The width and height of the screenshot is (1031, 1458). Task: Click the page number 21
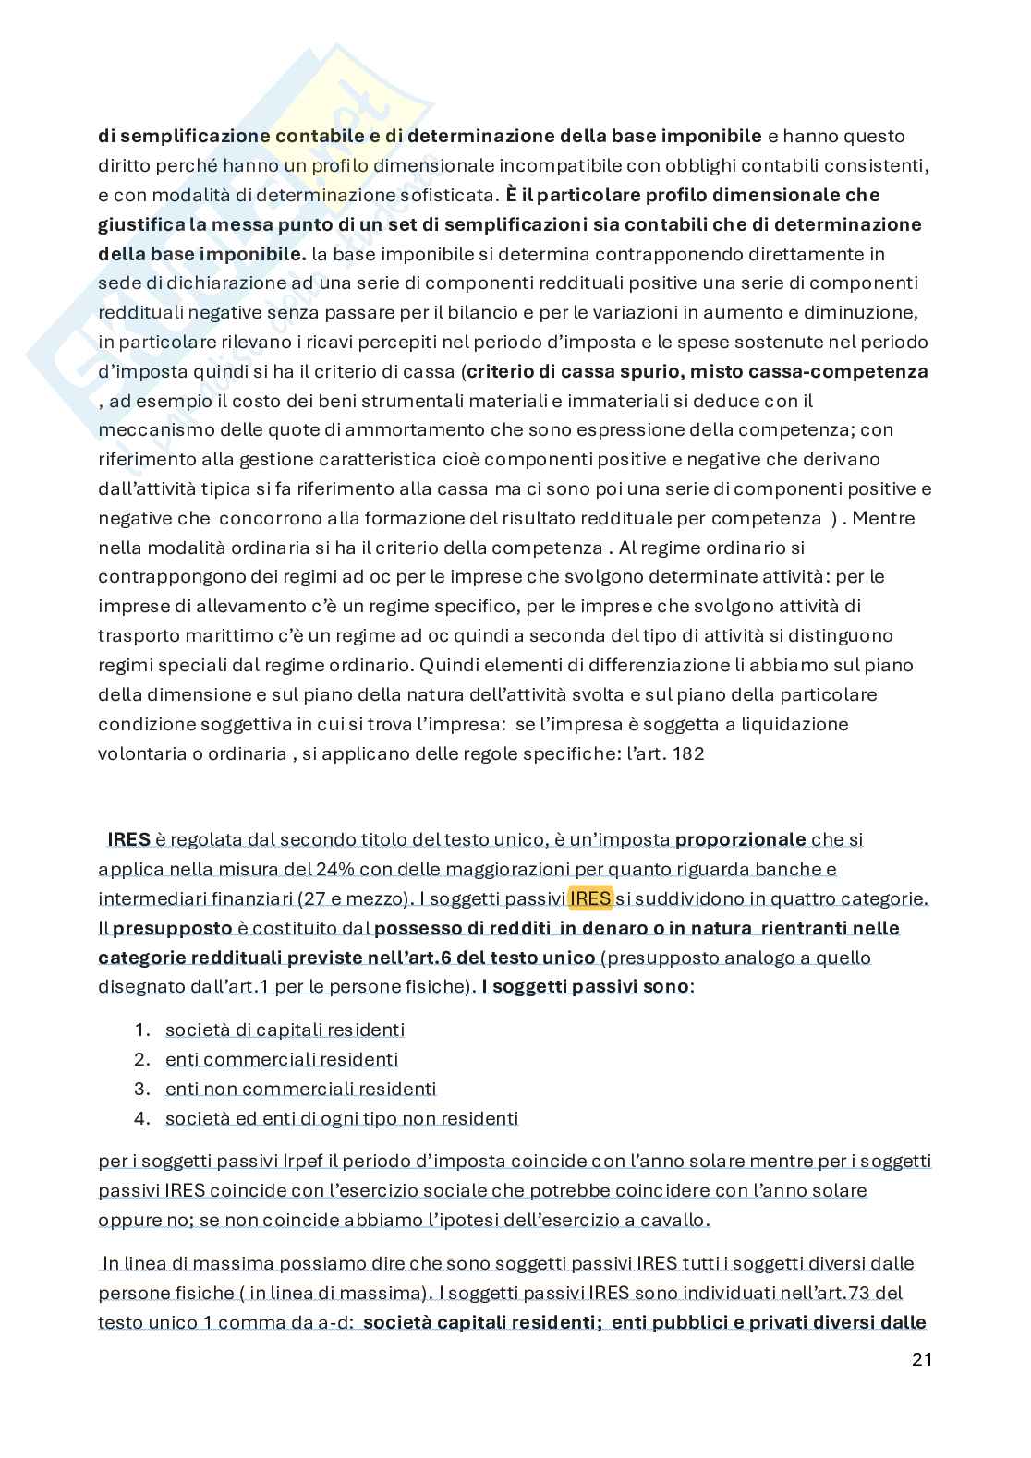tap(921, 1359)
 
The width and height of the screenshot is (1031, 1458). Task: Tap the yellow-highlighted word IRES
tap(590, 898)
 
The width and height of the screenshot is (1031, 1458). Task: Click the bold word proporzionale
tap(741, 839)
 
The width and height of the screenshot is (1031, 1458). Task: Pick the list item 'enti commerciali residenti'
tap(282, 1059)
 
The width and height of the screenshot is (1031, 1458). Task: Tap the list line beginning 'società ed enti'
tap(342, 1118)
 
